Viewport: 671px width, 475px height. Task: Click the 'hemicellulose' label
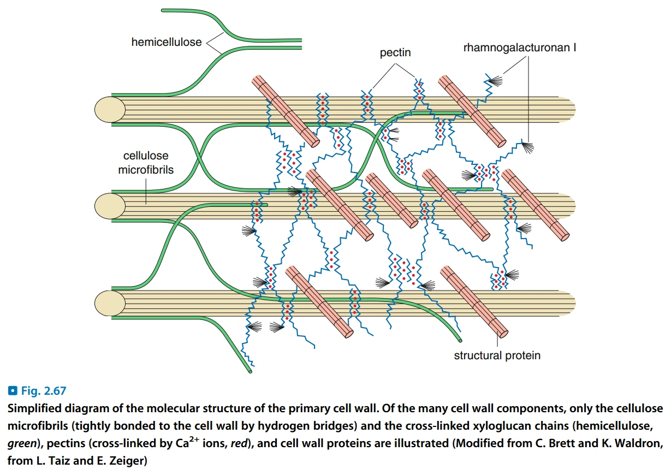tap(167, 41)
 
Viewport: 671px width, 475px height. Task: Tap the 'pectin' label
tap(395, 53)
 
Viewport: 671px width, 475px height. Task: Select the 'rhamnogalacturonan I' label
tap(520, 48)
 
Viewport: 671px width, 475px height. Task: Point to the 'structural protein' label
tap(497, 355)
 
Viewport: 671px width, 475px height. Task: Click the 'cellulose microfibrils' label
tap(146, 163)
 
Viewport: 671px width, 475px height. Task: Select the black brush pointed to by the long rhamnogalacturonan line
tap(528, 146)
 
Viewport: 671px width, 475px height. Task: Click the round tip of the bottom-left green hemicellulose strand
tap(250, 371)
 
